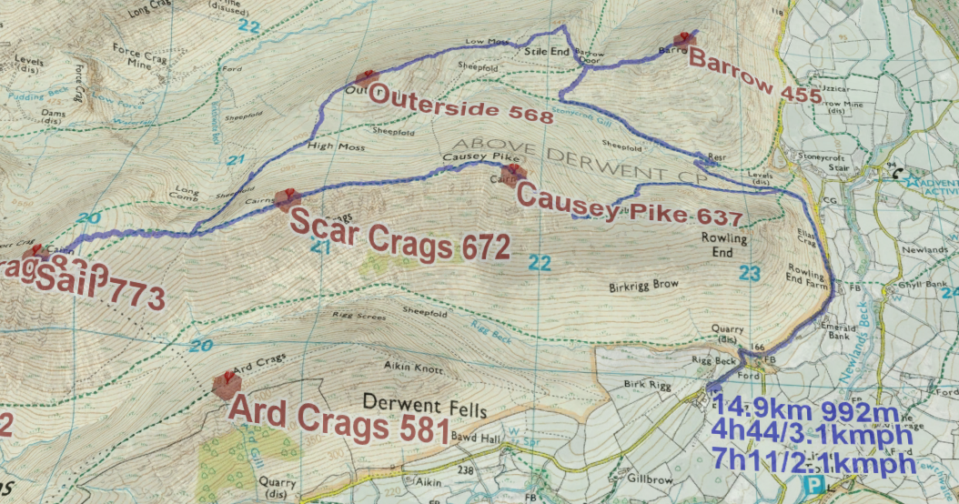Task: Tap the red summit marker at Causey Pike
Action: (x=514, y=173)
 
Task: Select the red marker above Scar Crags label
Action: (x=288, y=198)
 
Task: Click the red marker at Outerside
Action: (x=365, y=80)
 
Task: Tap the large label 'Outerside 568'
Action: (x=461, y=105)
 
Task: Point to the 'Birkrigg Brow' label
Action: (x=644, y=286)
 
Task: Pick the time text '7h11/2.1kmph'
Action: (x=815, y=463)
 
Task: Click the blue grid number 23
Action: (x=749, y=272)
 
